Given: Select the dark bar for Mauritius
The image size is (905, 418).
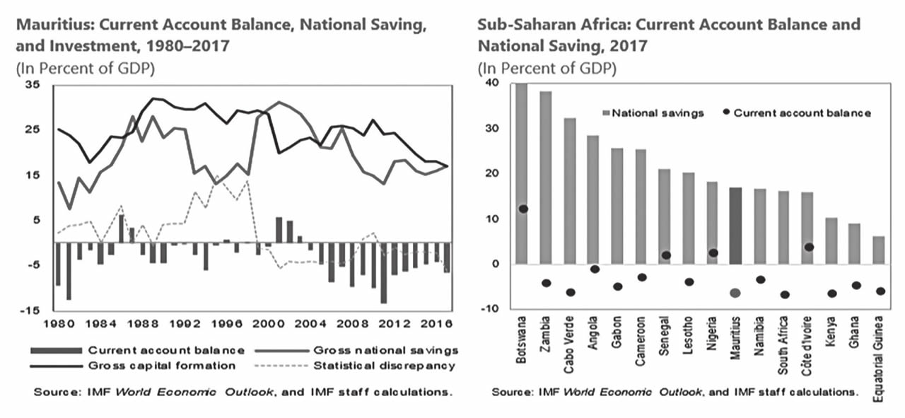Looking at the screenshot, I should point(736,226).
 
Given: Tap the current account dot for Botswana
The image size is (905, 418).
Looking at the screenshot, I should point(523,209).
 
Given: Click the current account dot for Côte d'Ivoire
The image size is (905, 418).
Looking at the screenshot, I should point(809,247).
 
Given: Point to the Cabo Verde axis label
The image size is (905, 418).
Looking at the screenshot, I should point(571,339).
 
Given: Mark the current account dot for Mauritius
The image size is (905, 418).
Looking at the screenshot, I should point(735,293).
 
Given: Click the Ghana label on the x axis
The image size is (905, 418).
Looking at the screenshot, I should point(856,331).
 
